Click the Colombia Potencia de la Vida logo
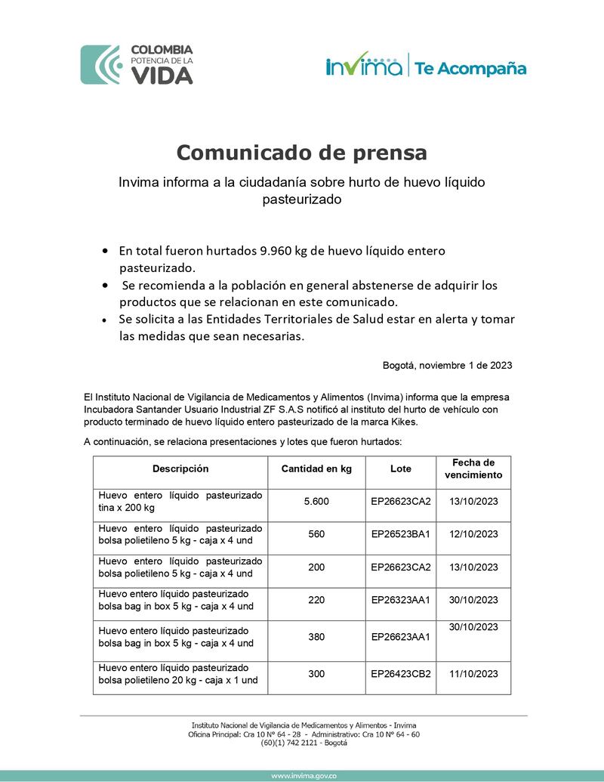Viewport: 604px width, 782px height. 137,64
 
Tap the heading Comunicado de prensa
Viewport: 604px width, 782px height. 301,153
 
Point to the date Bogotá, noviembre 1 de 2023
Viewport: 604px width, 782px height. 447,365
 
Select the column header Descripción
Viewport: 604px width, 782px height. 180,468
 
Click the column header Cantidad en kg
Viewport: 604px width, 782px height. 316,468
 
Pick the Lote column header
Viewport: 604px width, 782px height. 401,468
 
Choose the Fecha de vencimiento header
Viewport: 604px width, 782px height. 473,468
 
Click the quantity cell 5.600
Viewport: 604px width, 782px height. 316,501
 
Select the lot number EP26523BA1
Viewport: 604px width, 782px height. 400,534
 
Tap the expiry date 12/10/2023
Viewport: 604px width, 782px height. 473,534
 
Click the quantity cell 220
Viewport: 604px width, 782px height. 316,600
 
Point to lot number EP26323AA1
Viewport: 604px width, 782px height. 400,600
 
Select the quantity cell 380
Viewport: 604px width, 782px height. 316,636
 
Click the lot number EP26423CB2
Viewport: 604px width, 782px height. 400,674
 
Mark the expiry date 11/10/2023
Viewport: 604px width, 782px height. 473,674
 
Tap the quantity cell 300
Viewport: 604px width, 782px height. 316,674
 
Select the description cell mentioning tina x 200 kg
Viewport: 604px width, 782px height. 180,501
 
